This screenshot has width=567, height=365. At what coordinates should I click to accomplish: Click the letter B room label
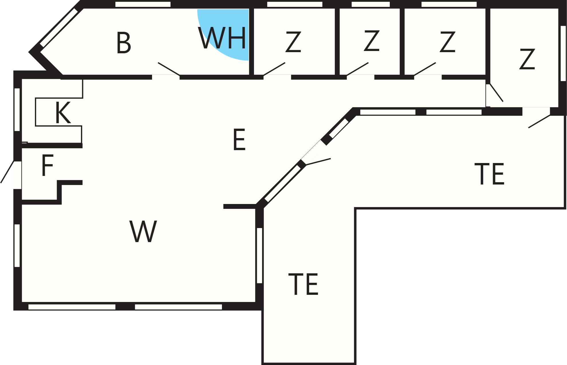point(124,43)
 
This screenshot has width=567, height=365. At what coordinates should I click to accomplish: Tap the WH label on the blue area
point(222,38)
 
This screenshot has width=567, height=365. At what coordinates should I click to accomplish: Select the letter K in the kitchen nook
point(63,113)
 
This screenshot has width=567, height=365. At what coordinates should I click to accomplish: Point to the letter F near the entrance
point(47,165)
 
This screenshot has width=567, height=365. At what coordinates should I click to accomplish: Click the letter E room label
point(239,140)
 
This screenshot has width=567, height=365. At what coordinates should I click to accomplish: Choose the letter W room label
point(143,231)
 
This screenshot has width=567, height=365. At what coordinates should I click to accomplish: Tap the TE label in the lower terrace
point(303,284)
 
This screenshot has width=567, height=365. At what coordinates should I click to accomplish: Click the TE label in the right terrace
point(489,174)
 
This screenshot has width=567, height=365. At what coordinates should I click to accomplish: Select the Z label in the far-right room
point(527,59)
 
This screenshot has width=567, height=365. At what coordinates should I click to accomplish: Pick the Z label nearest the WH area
point(293,42)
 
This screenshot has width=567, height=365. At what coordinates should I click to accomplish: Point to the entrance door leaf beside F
point(7,172)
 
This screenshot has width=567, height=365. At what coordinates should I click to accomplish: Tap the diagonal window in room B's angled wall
point(59,28)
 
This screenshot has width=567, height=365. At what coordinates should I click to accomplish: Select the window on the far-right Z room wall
point(563,53)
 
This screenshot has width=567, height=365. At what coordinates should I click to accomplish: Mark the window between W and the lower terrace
point(259,256)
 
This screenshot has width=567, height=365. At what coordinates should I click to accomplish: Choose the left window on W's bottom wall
point(72,307)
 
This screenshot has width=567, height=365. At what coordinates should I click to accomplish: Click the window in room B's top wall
point(143,4)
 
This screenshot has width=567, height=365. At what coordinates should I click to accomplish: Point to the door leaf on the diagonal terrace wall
point(318,162)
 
